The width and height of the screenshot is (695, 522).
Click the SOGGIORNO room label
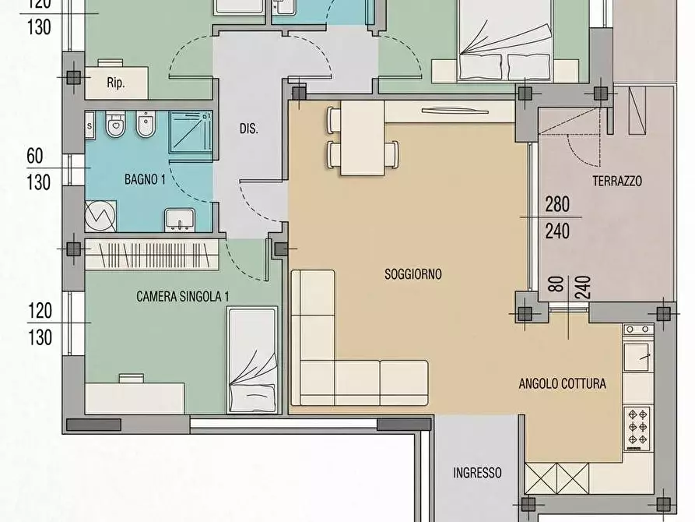[413, 274]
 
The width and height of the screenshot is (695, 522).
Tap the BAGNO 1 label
[145, 179]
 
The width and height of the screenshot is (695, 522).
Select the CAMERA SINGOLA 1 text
[183, 296]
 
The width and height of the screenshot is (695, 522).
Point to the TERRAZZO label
[617, 181]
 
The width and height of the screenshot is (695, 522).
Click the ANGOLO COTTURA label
[563, 383]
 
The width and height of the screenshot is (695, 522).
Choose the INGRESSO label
[477, 472]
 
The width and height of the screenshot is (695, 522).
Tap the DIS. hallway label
[248, 129]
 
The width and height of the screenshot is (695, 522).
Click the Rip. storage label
[116, 83]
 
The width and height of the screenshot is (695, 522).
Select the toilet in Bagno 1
[116, 125]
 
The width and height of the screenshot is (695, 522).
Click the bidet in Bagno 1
[146, 125]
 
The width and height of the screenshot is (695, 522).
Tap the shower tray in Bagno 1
[191, 132]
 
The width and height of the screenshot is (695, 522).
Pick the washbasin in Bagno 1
[180, 220]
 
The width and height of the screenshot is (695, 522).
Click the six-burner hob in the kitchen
[637, 428]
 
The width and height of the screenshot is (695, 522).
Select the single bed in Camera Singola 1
[252, 360]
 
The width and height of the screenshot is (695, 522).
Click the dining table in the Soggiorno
[362, 138]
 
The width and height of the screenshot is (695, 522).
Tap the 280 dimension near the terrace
[557, 204]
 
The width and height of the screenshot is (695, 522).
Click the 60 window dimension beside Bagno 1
[35, 157]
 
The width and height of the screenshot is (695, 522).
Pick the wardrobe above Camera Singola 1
[152, 255]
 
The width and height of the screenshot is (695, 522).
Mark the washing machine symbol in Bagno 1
[100, 216]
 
